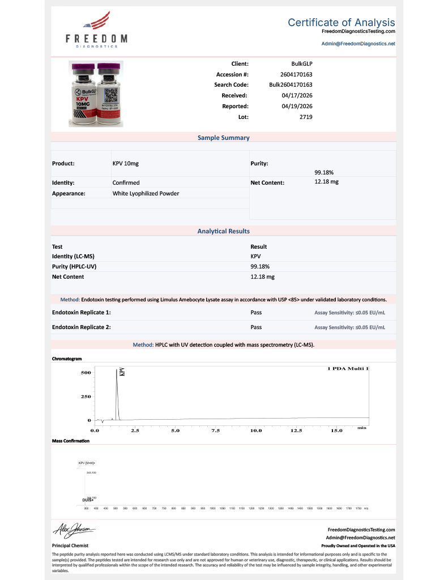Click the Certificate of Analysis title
[341, 23]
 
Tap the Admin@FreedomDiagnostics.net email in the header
[358, 44]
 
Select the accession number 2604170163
[296, 74]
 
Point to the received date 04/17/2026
[297, 95]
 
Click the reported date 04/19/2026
[297, 106]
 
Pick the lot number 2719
[306, 117]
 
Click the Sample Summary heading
[223, 138]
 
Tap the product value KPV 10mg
[126, 163]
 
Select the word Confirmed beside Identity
[126, 183]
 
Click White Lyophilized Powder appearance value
[146, 194]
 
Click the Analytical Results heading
[223, 231]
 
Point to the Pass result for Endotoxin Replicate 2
[256, 327]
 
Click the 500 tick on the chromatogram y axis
[86, 373]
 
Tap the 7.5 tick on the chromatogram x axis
[215, 431]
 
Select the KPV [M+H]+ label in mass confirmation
[87, 463]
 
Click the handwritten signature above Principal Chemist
[74, 530]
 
